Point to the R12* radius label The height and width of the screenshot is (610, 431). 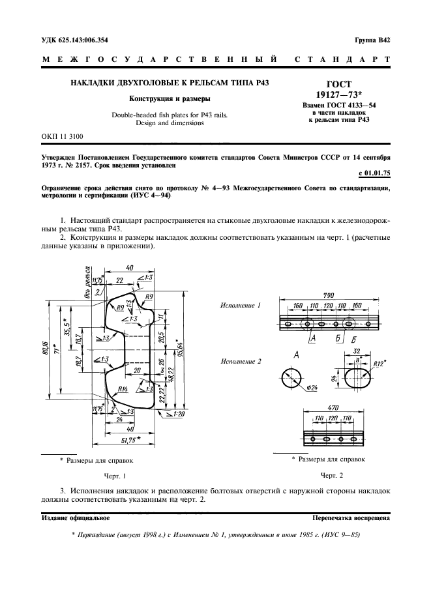379,364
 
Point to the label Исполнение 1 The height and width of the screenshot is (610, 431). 240,305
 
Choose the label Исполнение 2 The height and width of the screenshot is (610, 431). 240,360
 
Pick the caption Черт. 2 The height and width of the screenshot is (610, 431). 331,476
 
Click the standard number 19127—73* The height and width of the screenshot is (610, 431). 337,94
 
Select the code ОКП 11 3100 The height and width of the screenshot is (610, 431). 63,136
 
